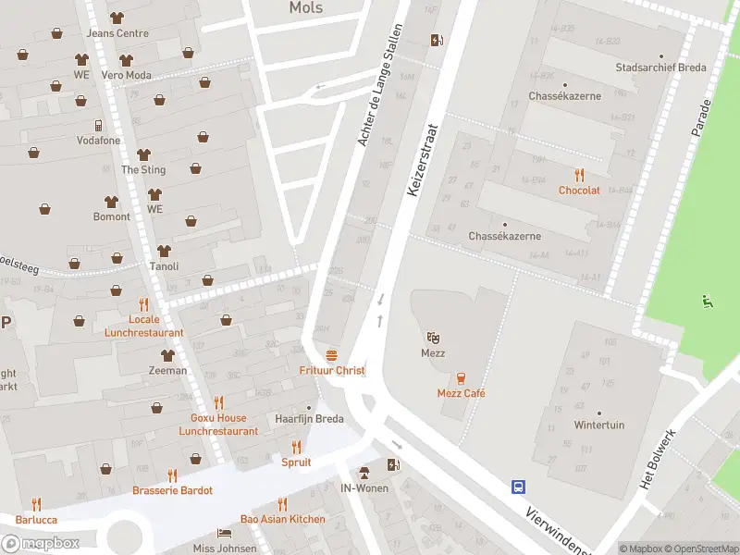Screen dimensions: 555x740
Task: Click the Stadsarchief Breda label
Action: (x=660, y=68)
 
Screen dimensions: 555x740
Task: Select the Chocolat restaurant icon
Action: (x=579, y=174)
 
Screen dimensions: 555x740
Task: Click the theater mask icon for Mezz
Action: (x=432, y=338)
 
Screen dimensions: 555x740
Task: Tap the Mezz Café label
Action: (x=461, y=393)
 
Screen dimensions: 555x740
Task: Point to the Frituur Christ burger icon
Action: (x=332, y=355)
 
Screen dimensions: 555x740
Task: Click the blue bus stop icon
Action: (x=519, y=487)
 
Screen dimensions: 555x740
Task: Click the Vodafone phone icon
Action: (x=97, y=126)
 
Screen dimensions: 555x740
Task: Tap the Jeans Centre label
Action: (x=117, y=33)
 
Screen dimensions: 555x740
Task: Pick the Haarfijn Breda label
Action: (x=309, y=419)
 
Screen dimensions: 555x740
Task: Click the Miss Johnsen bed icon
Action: (x=223, y=534)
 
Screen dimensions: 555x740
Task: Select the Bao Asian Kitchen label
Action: (x=282, y=519)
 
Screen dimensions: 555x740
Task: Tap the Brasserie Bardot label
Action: (x=172, y=490)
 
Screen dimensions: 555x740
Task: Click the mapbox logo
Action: (x=41, y=544)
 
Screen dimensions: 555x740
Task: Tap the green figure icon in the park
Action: (x=708, y=300)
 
